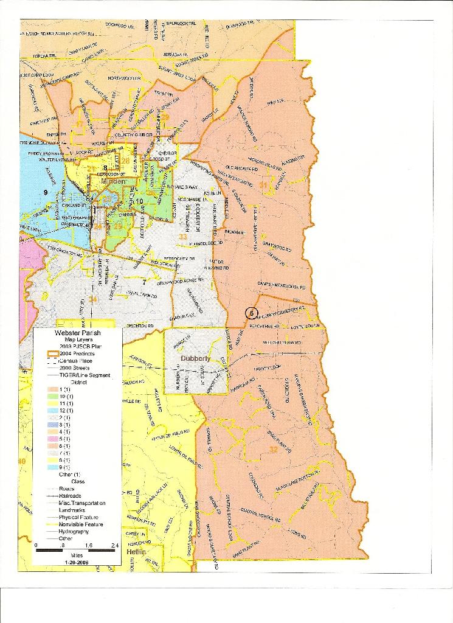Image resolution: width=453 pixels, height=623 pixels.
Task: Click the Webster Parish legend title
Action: point(77,333)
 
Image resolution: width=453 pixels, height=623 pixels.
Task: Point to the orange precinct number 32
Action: point(273,450)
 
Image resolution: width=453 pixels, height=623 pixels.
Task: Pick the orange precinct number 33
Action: point(182,236)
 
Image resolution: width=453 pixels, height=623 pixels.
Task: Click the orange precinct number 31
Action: point(263,185)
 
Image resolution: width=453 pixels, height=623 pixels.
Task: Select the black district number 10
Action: point(139,201)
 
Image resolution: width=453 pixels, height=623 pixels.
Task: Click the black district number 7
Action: point(144,282)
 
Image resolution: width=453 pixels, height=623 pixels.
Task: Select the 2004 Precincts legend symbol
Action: point(54,353)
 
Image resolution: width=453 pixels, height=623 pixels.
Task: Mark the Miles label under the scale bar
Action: point(77,555)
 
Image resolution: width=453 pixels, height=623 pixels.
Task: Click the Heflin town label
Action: point(137,551)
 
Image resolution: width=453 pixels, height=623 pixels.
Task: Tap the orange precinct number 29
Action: point(165,117)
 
